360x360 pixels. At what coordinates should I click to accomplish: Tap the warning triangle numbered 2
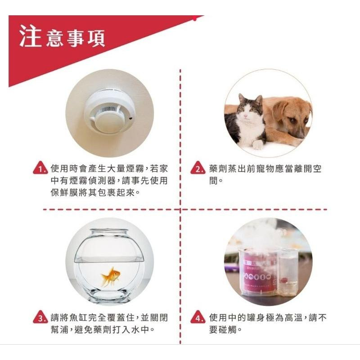pyautogui.click(x=198, y=170)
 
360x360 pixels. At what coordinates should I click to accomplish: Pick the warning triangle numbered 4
pyautogui.click(x=198, y=319)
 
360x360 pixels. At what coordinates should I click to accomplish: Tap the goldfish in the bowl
pyautogui.click(x=110, y=276)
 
